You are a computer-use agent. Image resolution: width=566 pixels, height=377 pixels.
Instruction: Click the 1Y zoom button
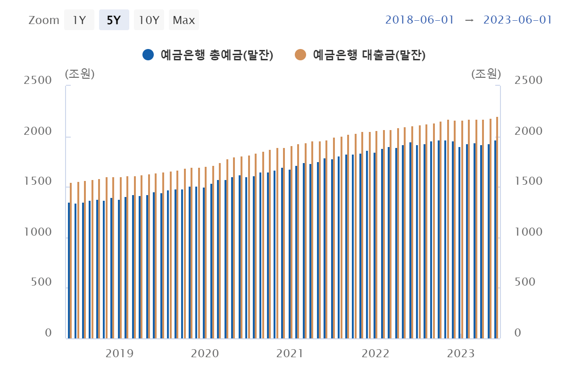point(79,20)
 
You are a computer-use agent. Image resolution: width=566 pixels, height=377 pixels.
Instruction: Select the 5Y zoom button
point(114,20)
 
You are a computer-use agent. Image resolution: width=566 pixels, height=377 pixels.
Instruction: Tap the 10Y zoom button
point(149,20)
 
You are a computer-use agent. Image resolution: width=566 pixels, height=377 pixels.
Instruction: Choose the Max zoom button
point(184,20)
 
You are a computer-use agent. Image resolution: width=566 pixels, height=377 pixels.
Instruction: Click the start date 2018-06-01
point(419,20)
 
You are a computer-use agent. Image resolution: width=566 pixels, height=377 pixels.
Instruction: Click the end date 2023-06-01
point(517,20)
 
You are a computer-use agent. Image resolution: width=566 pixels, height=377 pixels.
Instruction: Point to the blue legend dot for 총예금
point(148,55)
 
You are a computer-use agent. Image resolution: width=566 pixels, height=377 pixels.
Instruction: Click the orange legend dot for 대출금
point(300,55)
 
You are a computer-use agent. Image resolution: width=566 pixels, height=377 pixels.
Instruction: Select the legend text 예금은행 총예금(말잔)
point(217,55)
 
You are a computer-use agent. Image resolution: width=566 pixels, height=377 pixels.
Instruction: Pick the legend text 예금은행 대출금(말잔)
point(369,55)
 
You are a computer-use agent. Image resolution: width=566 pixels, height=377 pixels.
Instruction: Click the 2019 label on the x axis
point(119,353)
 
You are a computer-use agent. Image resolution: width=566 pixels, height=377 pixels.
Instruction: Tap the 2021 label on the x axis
point(290,353)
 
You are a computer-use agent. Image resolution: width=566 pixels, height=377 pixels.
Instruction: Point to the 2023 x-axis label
point(460,353)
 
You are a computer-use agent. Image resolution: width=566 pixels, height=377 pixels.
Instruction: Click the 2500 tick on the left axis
point(38,80)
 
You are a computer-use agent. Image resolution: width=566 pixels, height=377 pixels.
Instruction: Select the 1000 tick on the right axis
point(528,232)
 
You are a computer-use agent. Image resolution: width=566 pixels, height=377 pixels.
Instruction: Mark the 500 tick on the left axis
point(42,282)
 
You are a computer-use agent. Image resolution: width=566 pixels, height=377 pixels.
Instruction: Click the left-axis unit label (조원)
point(80,74)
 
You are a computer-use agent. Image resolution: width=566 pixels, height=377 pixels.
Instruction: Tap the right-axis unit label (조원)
point(486,74)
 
